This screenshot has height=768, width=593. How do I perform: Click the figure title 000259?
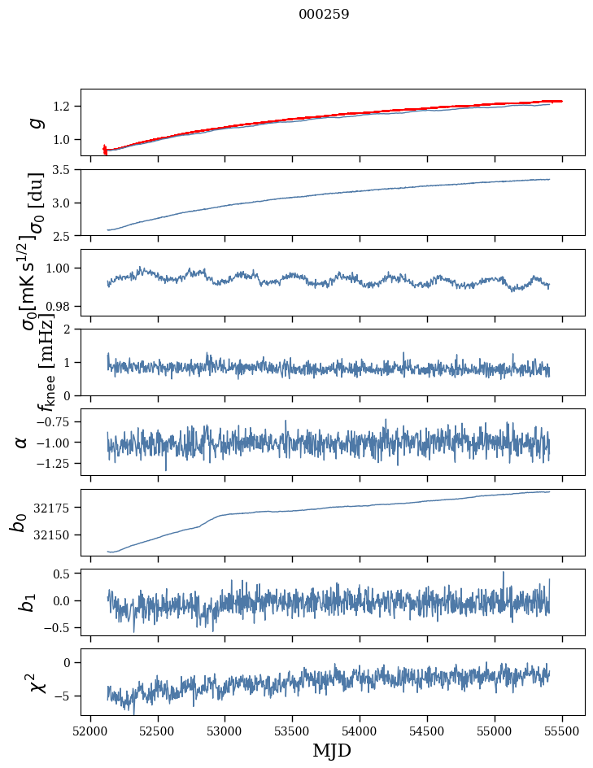[324, 15]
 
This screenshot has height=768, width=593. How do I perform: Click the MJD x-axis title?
[332, 751]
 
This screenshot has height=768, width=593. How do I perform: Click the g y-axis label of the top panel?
[34, 122]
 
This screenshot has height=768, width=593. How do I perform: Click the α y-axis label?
[21, 442]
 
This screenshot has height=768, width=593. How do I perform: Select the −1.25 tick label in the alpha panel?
[56, 463]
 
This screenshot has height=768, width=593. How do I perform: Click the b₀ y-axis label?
[19, 522]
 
